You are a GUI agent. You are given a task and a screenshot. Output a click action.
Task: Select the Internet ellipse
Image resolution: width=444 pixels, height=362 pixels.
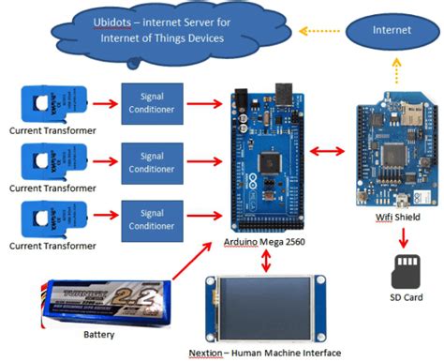click(x=392, y=31)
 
